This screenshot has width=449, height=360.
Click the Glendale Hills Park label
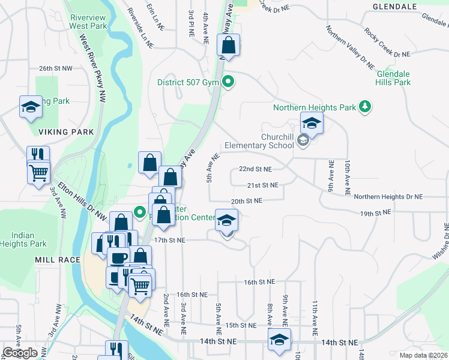pos(393,78)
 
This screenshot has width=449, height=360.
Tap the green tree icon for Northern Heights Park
pos(364,107)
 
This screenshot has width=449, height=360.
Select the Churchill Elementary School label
pos(259,140)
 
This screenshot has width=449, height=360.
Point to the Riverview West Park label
pos(88,22)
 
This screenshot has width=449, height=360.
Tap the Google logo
pos(20,353)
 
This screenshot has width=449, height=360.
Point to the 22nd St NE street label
pos(255,170)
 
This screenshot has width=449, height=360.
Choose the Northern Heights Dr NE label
pos(388,197)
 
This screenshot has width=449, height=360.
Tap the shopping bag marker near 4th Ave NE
pos(229,45)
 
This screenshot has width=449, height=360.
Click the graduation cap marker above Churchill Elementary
pos(312,124)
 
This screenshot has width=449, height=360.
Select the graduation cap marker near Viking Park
pos(31,107)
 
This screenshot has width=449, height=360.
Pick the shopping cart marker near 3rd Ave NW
pos(39,173)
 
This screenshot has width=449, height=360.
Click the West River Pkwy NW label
pos(94,66)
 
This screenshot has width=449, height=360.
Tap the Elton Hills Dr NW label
pos(81,199)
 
